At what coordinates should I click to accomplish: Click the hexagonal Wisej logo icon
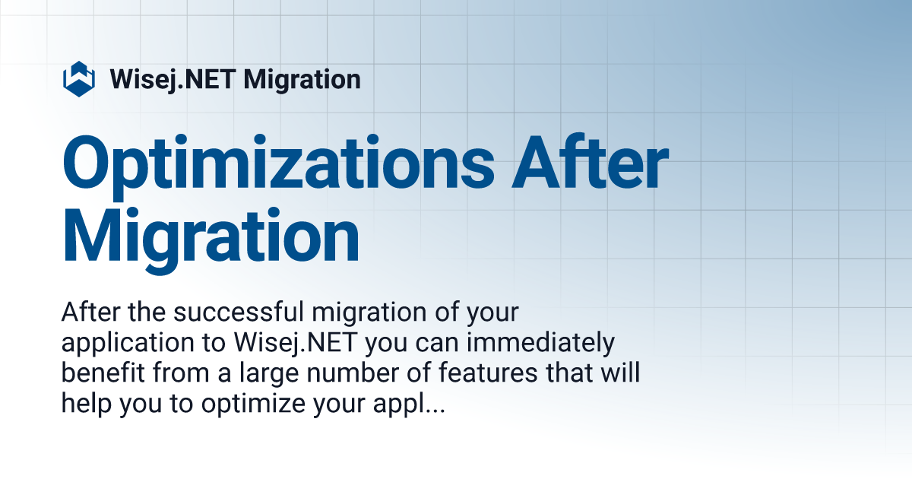tap(79, 79)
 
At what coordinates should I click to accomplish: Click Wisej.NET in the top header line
tap(173, 80)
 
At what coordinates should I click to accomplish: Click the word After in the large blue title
tap(590, 161)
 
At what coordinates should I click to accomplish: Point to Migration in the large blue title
tap(211, 239)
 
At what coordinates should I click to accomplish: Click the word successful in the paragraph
tap(239, 312)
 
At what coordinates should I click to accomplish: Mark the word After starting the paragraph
tap(90, 312)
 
